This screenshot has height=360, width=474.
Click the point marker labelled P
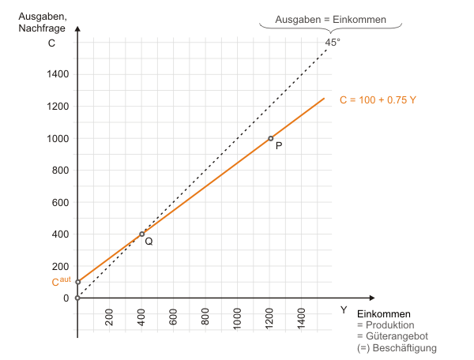(270, 138)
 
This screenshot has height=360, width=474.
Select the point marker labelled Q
(142, 234)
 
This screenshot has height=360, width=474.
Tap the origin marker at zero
(77, 298)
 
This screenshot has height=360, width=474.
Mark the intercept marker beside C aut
(77, 282)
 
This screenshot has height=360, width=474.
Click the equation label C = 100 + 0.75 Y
(378, 100)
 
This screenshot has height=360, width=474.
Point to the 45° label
(332, 43)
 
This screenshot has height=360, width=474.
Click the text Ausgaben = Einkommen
(330, 19)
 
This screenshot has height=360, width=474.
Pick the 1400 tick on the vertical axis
(59, 74)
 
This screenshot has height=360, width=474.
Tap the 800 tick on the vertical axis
(59, 170)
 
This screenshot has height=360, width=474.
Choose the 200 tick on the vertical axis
(59, 266)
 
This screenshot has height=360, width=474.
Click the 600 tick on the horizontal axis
(174, 317)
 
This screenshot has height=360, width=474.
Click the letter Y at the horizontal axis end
(343, 309)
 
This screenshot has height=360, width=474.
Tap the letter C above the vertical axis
(51, 43)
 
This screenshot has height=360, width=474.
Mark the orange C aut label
(60, 282)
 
